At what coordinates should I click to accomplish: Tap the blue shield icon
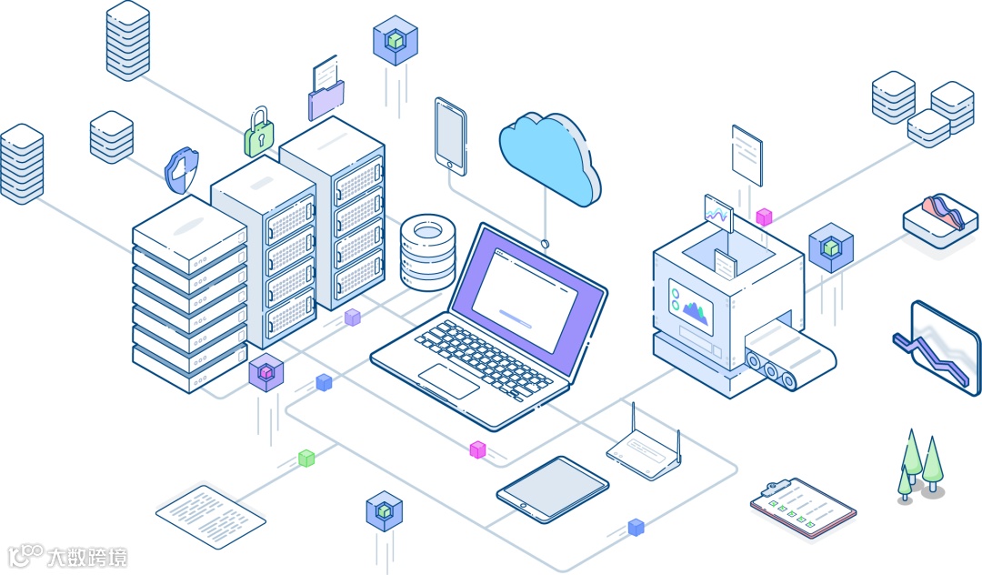coord(182,170)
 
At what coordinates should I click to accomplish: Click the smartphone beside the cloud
coord(450,136)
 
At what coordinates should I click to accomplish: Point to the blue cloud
coord(550,159)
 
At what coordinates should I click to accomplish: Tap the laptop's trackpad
coord(448,380)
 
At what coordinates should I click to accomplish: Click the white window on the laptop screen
coord(525,292)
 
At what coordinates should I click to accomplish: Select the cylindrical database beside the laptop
coord(427,251)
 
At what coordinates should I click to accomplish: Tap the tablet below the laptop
coord(552,489)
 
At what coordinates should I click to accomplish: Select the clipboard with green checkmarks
coord(803,508)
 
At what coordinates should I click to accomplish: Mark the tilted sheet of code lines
coord(211,516)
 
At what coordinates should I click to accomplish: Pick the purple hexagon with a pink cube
coord(266,372)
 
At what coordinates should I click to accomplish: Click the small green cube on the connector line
coord(307,459)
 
